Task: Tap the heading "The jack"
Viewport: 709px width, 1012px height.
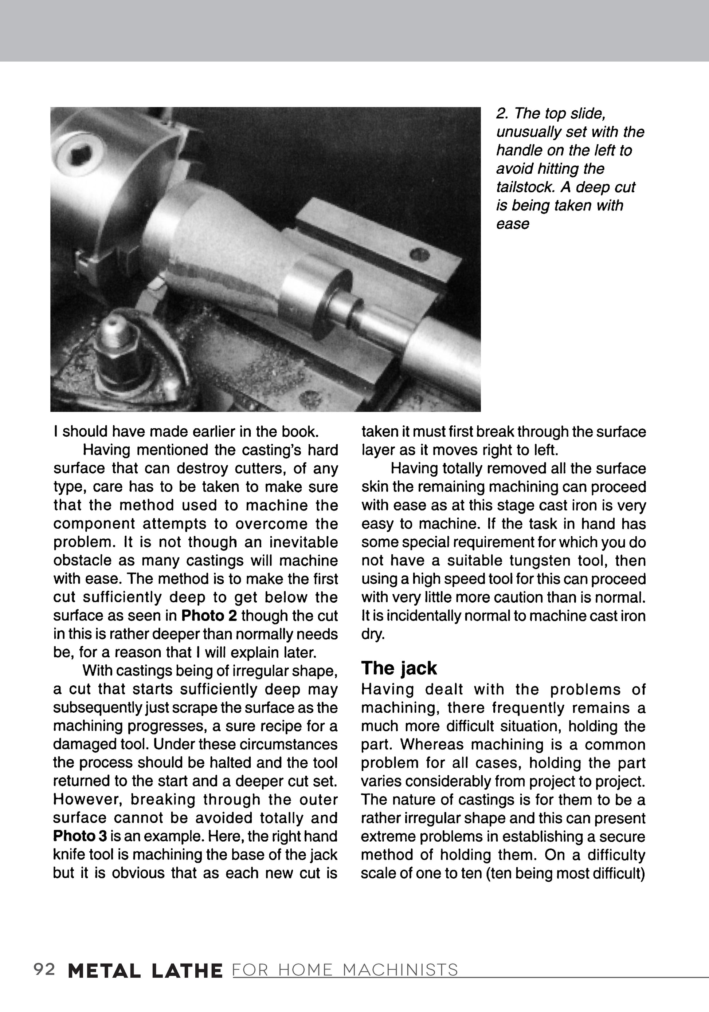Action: click(x=399, y=669)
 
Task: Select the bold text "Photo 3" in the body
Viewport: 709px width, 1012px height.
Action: click(x=80, y=836)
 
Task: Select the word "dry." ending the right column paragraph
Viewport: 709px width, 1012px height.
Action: click(x=373, y=634)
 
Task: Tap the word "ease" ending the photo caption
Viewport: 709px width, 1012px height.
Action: click(x=512, y=224)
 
